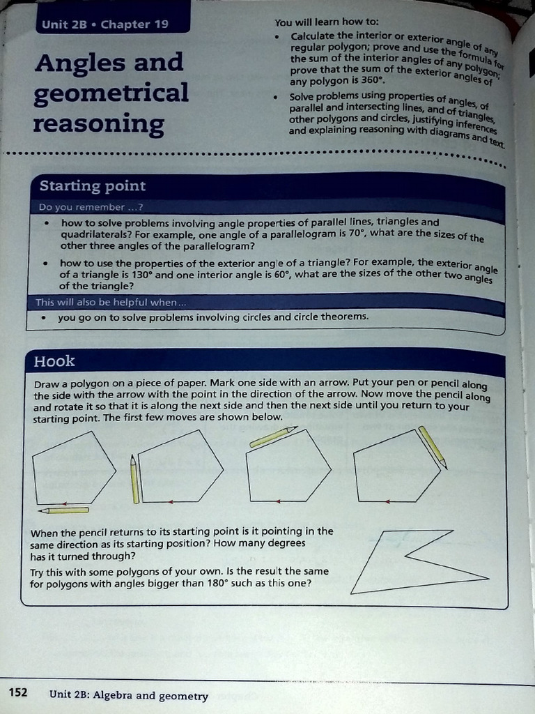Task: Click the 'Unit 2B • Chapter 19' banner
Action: click(105, 24)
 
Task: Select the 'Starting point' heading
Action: click(93, 186)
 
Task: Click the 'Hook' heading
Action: click(54, 361)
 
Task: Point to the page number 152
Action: click(17, 692)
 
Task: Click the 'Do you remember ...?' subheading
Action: click(91, 207)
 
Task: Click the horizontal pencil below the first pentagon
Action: click(64, 510)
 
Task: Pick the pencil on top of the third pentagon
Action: click(272, 436)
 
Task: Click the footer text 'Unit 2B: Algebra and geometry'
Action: click(129, 695)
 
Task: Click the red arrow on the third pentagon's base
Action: click(278, 501)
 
